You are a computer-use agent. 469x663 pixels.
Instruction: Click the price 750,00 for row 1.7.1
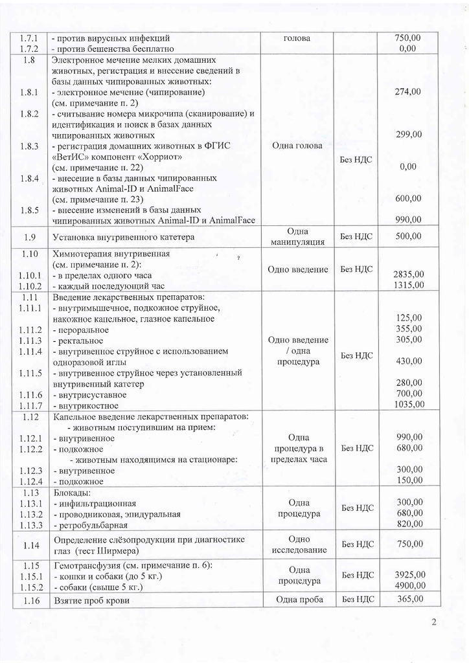(407, 38)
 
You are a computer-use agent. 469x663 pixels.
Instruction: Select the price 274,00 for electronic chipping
(408, 92)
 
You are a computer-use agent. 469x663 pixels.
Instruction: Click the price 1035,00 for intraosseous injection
(409, 405)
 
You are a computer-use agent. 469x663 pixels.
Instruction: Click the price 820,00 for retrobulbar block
(409, 524)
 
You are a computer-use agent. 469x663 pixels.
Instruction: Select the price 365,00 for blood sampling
(409, 600)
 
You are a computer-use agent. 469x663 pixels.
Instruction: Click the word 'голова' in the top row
(297, 38)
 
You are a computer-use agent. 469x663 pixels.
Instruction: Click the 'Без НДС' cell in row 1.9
(356, 237)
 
